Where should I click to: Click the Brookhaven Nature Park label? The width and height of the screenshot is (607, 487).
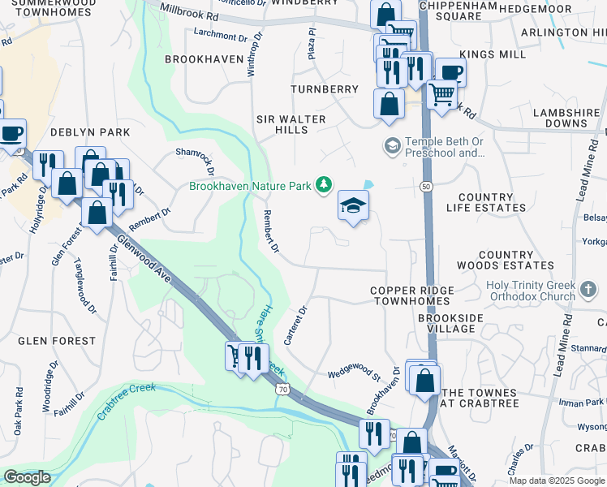pos(250,186)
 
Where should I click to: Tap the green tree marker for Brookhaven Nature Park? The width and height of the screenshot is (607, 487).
pos(325,185)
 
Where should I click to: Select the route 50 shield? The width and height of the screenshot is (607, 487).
pos(425,187)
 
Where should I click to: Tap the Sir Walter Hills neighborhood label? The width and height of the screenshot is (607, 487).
pos(291,124)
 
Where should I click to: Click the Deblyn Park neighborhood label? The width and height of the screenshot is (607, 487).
pos(90,131)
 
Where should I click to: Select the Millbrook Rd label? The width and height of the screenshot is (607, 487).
pos(190,11)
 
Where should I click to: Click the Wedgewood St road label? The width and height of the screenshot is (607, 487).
pos(354,375)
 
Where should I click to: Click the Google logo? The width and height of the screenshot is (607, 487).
pos(27,478)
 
